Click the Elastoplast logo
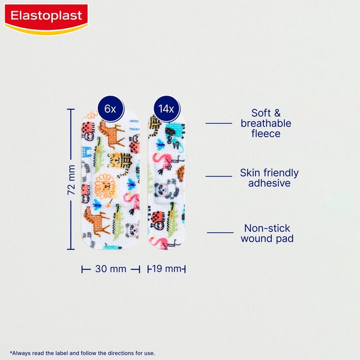(x=46, y=18)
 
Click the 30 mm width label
(x=111, y=269)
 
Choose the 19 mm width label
(x=168, y=269)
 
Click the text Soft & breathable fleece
(x=265, y=123)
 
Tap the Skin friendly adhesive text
(x=269, y=178)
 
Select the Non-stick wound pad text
(x=268, y=233)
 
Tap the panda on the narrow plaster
(x=165, y=191)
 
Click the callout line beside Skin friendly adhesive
(x=219, y=176)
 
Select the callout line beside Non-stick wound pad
(x=220, y=232)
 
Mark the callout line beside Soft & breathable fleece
(x=219, y=123)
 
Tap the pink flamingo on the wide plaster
(x=131, y=202)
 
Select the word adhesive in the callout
(x=269, y=183)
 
